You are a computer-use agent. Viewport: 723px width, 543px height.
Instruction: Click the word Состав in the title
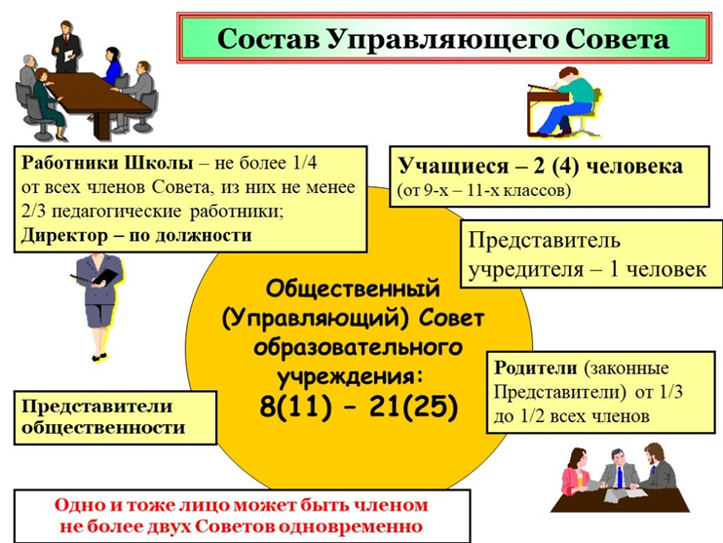point(269,39)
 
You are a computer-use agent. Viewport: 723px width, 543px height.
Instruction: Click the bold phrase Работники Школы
point(107,163)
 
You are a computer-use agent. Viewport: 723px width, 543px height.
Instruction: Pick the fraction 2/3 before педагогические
point(32,212)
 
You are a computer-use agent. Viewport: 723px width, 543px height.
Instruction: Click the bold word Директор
point(64,235)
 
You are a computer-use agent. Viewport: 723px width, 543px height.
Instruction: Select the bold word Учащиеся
point(453,166)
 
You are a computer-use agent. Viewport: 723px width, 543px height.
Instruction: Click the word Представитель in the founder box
point(544,241)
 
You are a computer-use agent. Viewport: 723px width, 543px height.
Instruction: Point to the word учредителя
point(526,269)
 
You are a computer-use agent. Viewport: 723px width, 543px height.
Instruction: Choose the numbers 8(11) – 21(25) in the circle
point(359,407)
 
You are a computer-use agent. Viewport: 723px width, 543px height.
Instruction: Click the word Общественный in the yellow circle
point(353,290)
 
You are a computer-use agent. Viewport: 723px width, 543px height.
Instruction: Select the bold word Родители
point(536,368)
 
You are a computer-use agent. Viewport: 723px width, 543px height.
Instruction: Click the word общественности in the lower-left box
point(103,428)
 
